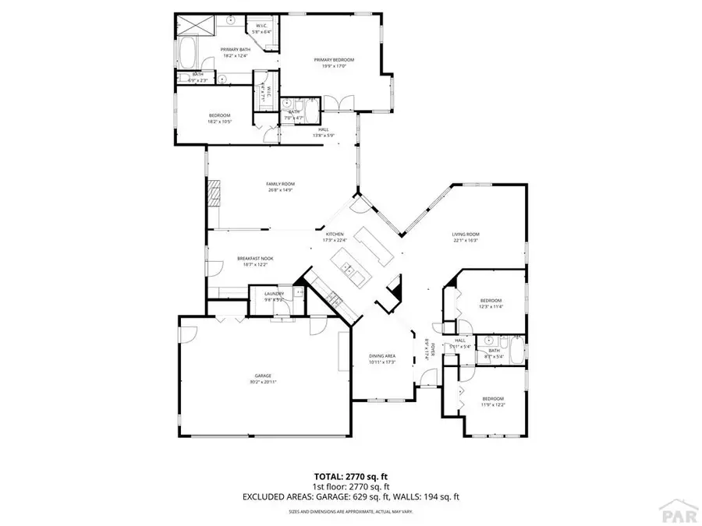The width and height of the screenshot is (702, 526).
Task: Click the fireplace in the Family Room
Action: pyautogui.click(x=214, y=193)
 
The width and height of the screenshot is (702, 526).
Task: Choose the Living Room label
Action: pyautogui.click(x=466, y=234)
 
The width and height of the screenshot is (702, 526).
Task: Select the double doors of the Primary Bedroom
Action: pyautogui.click(x=337, y=102)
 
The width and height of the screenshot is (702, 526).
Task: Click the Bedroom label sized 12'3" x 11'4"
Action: pyautogui.click(x=491, y=301)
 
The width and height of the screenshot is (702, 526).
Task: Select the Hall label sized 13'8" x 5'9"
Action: pyautogui.click(x=323, y=130)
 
